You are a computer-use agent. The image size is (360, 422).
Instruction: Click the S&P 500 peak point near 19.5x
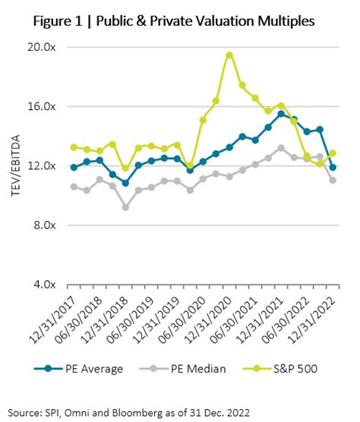(229, 55)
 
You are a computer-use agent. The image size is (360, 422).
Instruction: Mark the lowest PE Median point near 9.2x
(125, 206)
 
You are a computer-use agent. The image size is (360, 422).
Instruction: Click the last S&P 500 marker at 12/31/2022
(333, 153)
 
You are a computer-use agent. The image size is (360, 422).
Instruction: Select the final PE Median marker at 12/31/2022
(333, 181)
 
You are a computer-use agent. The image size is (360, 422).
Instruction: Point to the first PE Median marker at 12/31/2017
(74, 186)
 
